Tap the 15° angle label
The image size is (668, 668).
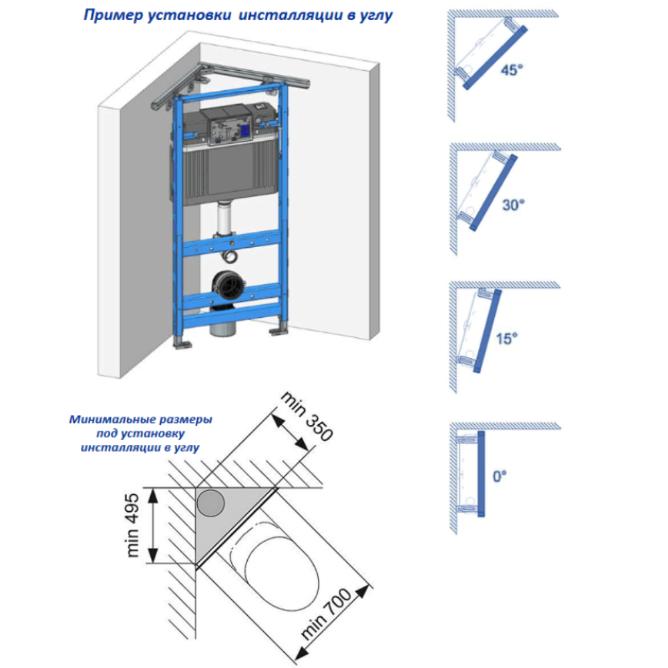[507, 339]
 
